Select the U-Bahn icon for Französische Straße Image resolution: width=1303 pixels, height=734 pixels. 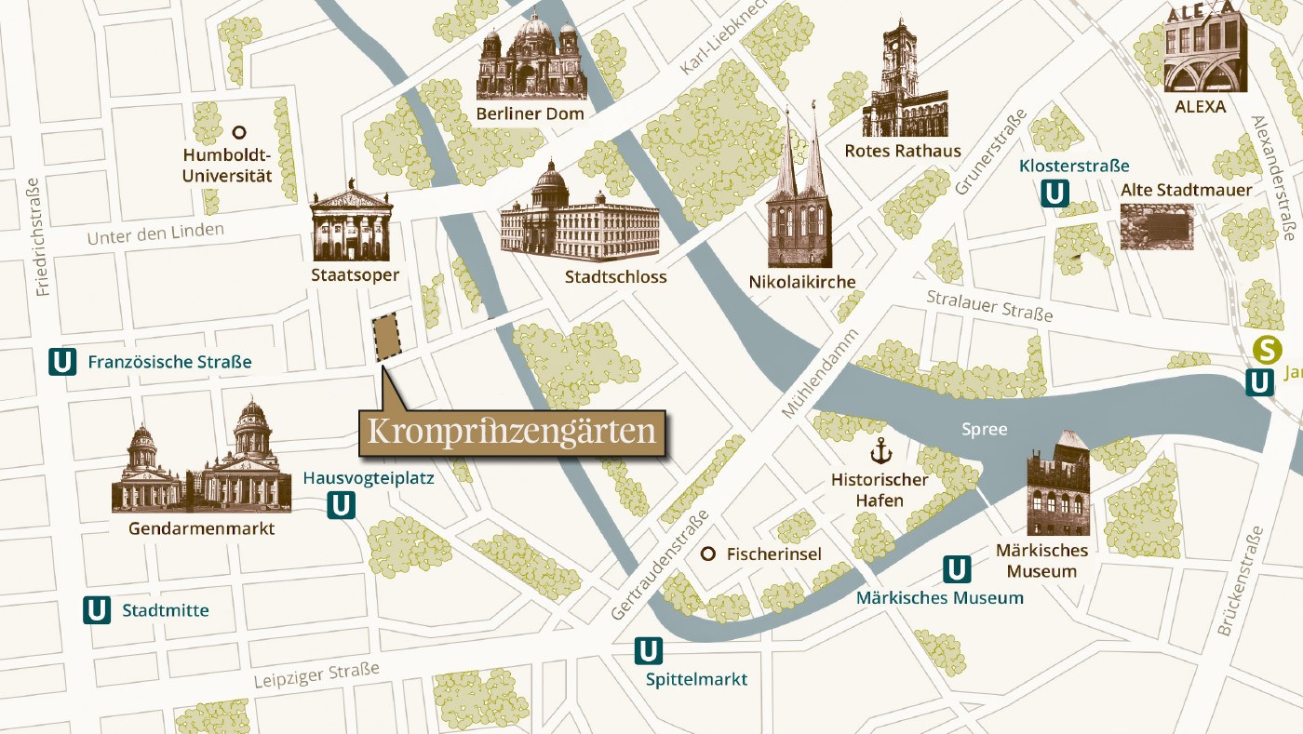(x=62, y=361)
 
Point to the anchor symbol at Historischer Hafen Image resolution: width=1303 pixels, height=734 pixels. (x=880, y=452)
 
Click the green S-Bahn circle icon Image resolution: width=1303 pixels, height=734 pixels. (x=1267, y=350)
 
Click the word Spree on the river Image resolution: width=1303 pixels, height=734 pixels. (x=985, y=429)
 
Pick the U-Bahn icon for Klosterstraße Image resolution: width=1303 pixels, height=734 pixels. (x=1054, y=193)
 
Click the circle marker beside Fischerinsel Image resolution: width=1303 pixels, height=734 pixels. (x=707, y=554)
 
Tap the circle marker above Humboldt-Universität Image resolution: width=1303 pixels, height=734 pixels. (x=239, y=132)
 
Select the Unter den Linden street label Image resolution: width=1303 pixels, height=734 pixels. (x=155, y=234)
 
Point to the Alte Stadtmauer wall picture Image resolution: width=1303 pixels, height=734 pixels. (x=1156, y=227)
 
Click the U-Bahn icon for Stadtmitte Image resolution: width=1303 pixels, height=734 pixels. (x=97, y=610)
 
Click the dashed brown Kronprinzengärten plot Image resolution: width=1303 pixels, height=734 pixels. (x=386, y=336)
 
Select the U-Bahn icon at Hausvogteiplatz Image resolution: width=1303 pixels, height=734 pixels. (x=342, y=505)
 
